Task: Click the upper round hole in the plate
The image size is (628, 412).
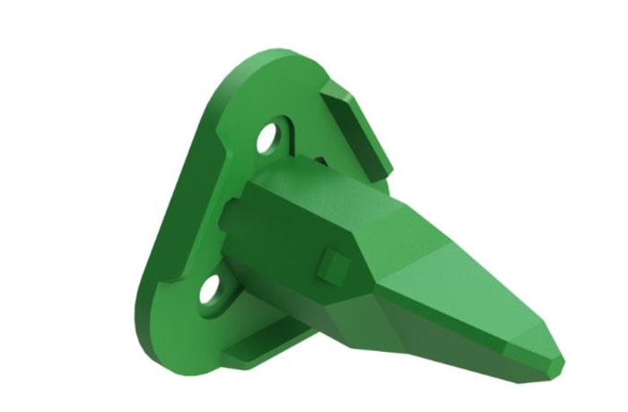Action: [267, 140]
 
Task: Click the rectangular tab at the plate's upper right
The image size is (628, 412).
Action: [359, 126]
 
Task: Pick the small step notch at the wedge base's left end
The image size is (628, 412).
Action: [235, 215]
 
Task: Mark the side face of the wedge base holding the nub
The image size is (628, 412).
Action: [296, 251]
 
